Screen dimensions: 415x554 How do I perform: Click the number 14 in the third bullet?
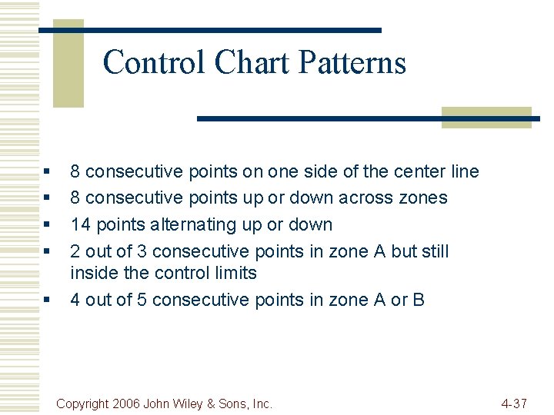pos(79,224)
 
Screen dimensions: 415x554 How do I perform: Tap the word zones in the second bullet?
pos(422,198)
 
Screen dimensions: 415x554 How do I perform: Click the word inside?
pos(90,273)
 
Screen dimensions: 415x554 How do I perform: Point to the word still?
pos(432,251)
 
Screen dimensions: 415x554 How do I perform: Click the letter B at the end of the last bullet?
pos(419,299)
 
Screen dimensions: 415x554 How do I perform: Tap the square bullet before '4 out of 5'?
pos(48,300)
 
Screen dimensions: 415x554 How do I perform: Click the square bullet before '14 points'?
pos(48,225)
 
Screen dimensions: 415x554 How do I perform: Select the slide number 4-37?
pos(513,403)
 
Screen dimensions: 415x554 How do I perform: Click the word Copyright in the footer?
pos(84,403)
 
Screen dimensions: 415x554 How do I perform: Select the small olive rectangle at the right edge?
pos(486,117)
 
